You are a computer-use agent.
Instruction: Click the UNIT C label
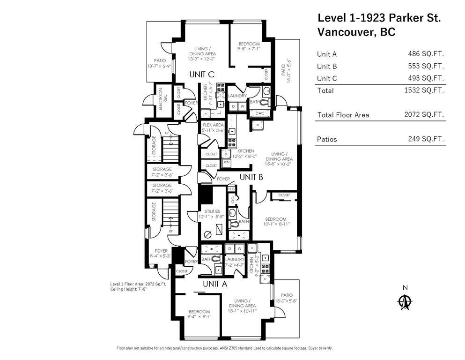tap(202, 74)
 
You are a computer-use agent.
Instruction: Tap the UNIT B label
tap(251, 177)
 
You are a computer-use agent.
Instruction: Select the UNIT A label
tap(215, 284)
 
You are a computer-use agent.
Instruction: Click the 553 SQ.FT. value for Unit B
tap(425, 66)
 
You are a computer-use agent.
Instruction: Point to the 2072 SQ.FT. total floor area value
tap(424, 115)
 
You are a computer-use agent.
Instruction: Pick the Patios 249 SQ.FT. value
tap(425, 139)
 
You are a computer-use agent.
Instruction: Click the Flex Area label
tap(213, 127)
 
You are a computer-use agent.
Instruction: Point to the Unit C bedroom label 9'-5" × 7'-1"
tap(248, 46)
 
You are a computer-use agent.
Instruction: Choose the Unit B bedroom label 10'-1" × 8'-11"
tap(275, 222)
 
